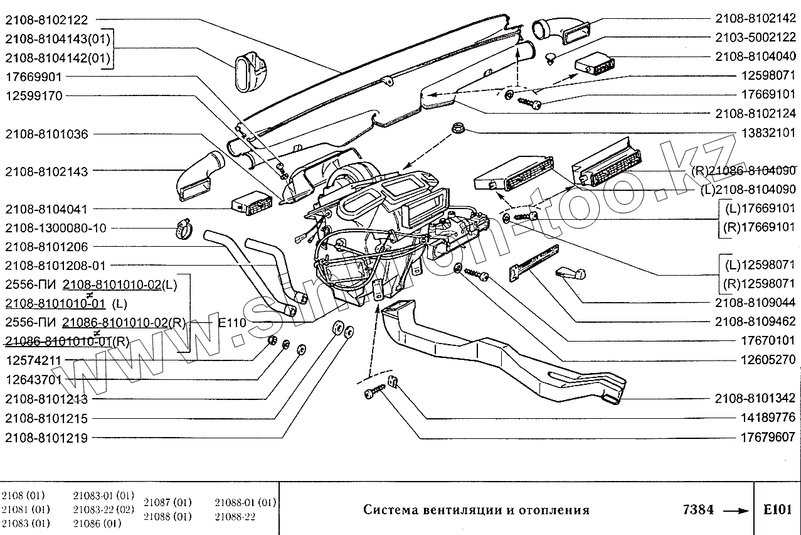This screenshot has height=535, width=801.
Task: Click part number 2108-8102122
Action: pos(47,20)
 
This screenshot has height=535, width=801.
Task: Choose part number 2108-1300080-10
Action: pos(56,228)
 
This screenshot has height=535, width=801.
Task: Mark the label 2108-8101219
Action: pos(47,438)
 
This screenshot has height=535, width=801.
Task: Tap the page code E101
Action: pos(777,509)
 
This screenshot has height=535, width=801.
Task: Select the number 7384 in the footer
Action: pos(698,509)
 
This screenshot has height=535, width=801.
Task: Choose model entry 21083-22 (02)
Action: pos(103,509)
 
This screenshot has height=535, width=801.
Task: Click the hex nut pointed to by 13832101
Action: pos(457,131)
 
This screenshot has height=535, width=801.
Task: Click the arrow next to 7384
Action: pos(736,510)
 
